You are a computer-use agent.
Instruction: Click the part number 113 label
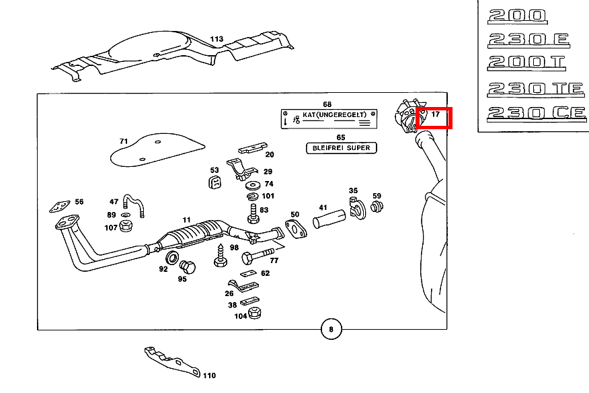217,39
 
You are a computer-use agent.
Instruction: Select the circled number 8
330,330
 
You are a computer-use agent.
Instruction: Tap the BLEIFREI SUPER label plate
342,148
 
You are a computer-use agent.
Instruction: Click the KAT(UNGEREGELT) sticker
327,118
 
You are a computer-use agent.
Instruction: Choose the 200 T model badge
527,63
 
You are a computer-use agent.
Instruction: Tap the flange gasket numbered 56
62,206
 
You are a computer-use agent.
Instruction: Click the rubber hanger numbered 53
214,184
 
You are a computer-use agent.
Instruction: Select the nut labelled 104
255,315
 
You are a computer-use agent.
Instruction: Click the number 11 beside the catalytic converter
186,220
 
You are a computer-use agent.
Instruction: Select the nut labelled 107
126,227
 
